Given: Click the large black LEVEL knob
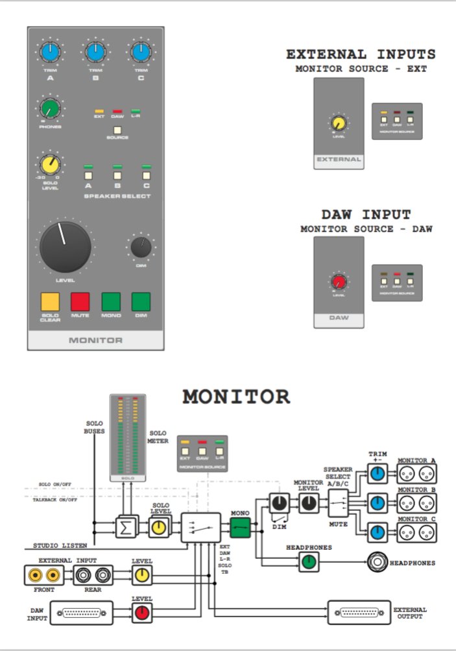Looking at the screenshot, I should coord(66,246).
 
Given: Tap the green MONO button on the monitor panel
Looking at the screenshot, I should coord(111,302).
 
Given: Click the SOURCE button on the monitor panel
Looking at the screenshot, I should coord(117,129).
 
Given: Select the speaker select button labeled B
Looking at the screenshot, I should coord(117,174).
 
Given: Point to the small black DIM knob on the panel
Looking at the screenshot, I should coord(141,246).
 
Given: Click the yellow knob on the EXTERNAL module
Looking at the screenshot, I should coord(338,123).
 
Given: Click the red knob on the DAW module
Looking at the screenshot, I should coord(339,282).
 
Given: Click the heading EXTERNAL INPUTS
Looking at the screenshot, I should coord(361,54).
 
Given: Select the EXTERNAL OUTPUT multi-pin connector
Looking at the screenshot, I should coord(360,613).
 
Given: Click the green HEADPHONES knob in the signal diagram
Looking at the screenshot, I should coord(309,562).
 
